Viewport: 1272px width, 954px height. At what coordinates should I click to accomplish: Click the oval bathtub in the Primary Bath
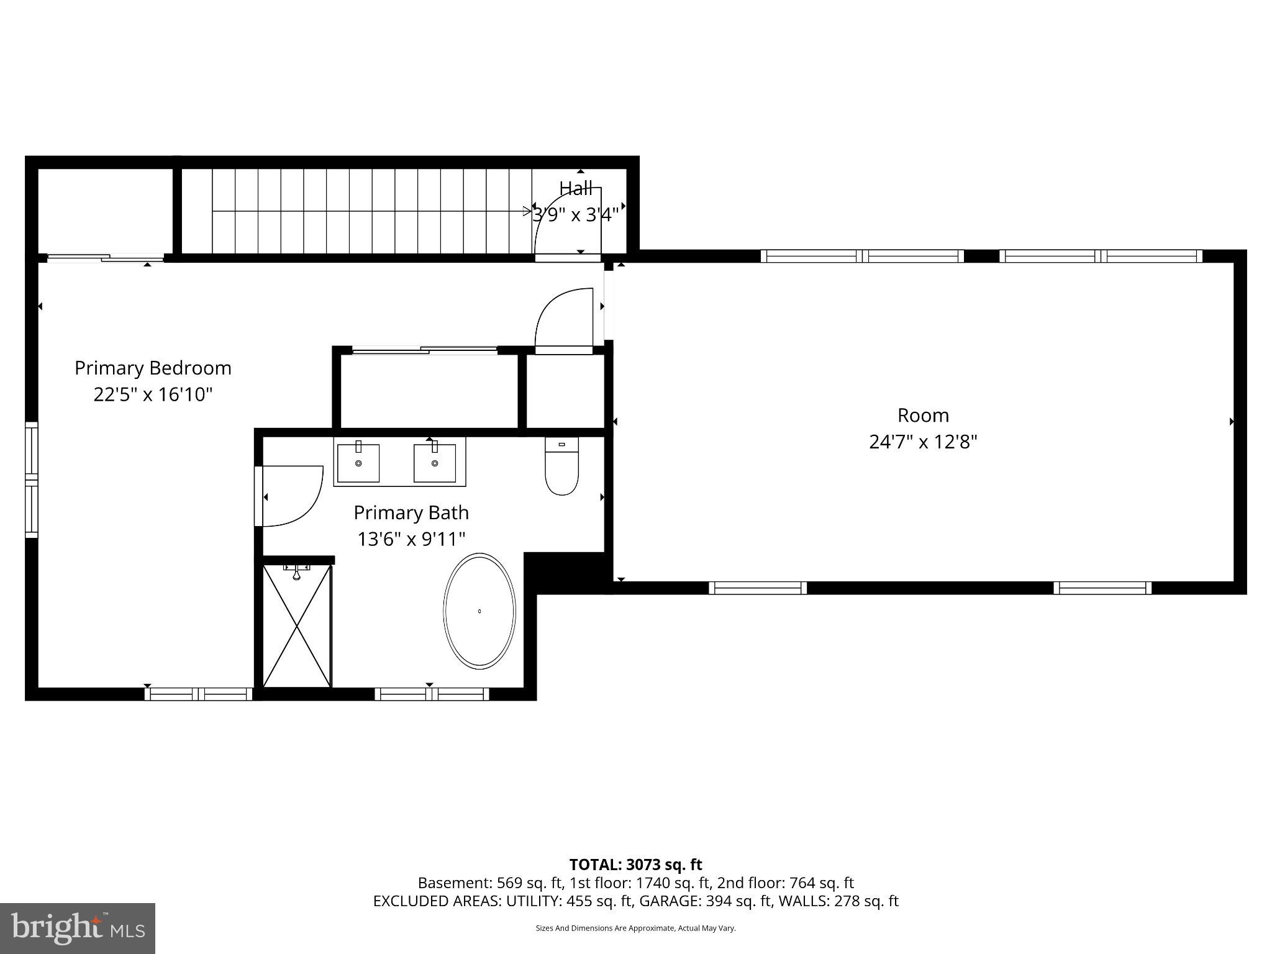[x=479, y=611]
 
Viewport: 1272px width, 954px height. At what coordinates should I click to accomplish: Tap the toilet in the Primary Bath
[x=561, y=466]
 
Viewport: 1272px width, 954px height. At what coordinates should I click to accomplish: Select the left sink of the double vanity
[x=358, y=463]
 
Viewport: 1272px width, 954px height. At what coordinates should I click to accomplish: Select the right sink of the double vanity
[x=434, y=463]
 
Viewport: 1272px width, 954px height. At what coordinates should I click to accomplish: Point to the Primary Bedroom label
[x=153, y=368]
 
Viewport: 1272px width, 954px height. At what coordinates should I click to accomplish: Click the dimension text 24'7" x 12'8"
[x=923, y=442]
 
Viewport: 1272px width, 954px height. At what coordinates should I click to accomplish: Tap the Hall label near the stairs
[x=575, y=188]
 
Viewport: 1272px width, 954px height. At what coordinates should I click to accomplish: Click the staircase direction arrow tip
[x=529, y=212]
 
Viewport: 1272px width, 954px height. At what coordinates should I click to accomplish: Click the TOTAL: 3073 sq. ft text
[x=635, y=864]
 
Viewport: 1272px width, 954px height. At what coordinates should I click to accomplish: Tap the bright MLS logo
[x=77, y=928]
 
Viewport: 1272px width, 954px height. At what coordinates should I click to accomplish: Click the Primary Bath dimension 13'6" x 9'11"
[x=411, y=538]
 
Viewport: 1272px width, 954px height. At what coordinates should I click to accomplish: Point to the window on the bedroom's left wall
[x=31, y=479]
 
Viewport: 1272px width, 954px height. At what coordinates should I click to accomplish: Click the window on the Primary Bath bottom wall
[x=432, y=694]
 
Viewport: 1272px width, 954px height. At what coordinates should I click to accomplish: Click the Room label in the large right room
[x=923, y=415]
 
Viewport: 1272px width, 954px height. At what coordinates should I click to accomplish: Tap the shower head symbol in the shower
[x=297, y=572]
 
